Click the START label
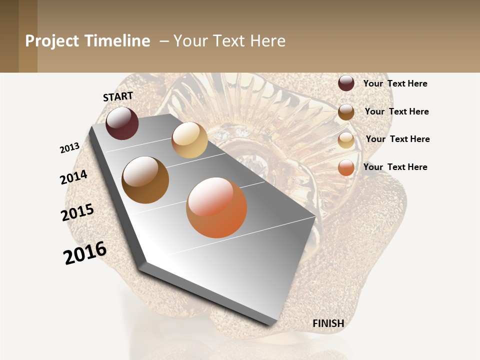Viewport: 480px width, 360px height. (118, 96)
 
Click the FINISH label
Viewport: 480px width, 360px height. (328, 323)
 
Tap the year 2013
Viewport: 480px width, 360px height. (69, 148)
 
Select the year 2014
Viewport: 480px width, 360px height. (73, 177)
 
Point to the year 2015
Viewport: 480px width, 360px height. (77, 212)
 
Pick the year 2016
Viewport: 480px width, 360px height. (85, 253)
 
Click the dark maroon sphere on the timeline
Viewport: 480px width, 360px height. (122, 123)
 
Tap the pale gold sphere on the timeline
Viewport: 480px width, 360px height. (189, 140)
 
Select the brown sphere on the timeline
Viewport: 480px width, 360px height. (145, 180)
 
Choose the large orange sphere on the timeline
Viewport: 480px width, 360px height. (216, 207)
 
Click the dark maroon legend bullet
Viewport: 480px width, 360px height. (346, 83)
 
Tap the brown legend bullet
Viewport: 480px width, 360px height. (346, 112)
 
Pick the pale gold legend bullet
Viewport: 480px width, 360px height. (346, 140)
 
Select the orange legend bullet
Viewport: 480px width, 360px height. (346, 167)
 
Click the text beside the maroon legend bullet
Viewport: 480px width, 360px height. (395, 83)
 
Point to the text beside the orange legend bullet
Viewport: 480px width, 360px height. (395, 167)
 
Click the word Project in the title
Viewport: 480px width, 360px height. (52, 41)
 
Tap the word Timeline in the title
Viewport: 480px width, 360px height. (117, 41)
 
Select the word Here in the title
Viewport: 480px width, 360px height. (267, 41)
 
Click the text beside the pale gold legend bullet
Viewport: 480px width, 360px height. (397, 139)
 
